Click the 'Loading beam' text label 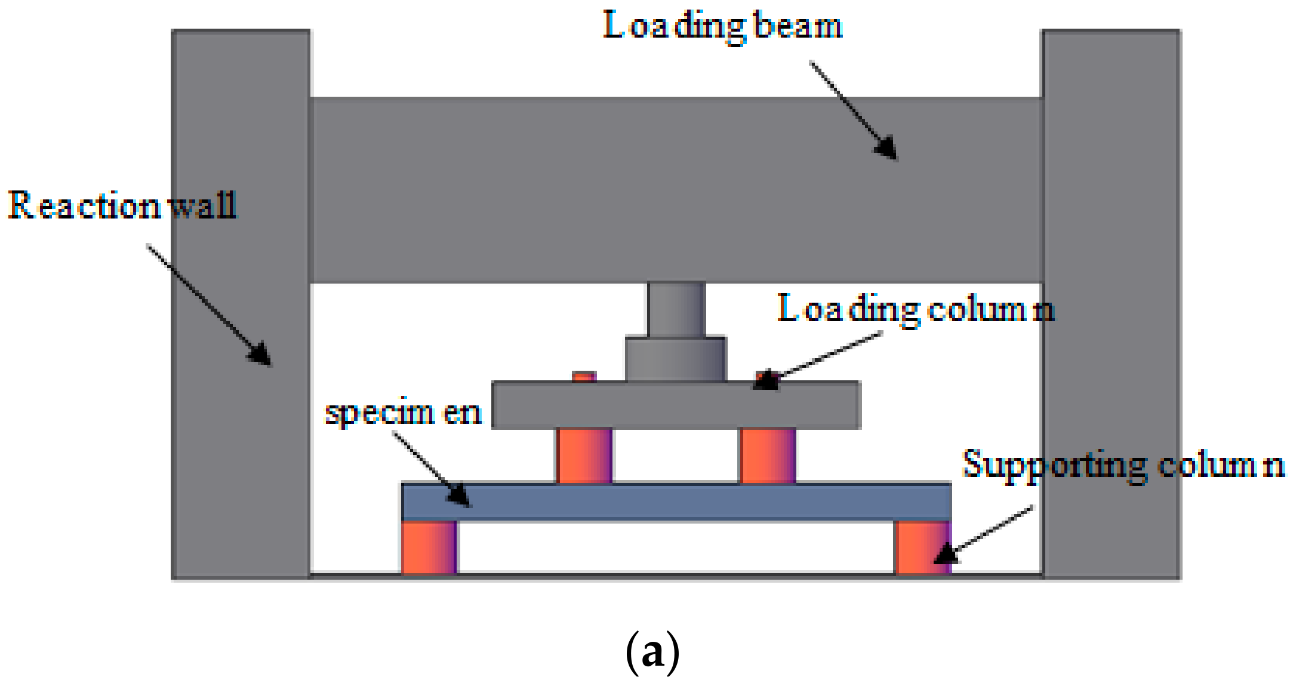click(x=722, y=27)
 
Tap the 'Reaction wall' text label click(x=122, y=206)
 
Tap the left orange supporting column click(x=429, y=547)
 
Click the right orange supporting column click(x=922, y=547)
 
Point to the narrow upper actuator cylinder click(x=676, y=309)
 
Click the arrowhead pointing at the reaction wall click(x=261, y=354)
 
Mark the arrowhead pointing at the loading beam click(x=887, y=149)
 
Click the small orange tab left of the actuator click(x=584, y=377)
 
